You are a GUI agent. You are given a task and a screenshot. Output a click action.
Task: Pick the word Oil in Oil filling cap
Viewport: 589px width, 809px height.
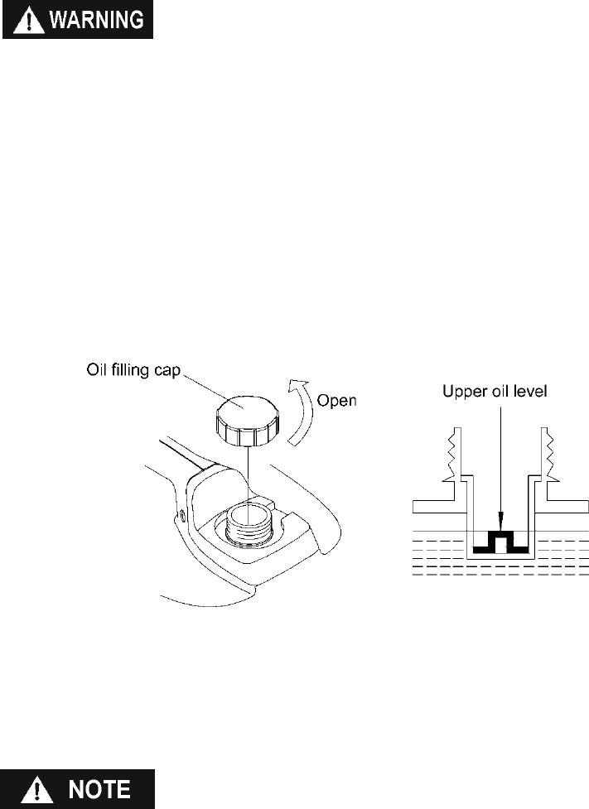point(98,368)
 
